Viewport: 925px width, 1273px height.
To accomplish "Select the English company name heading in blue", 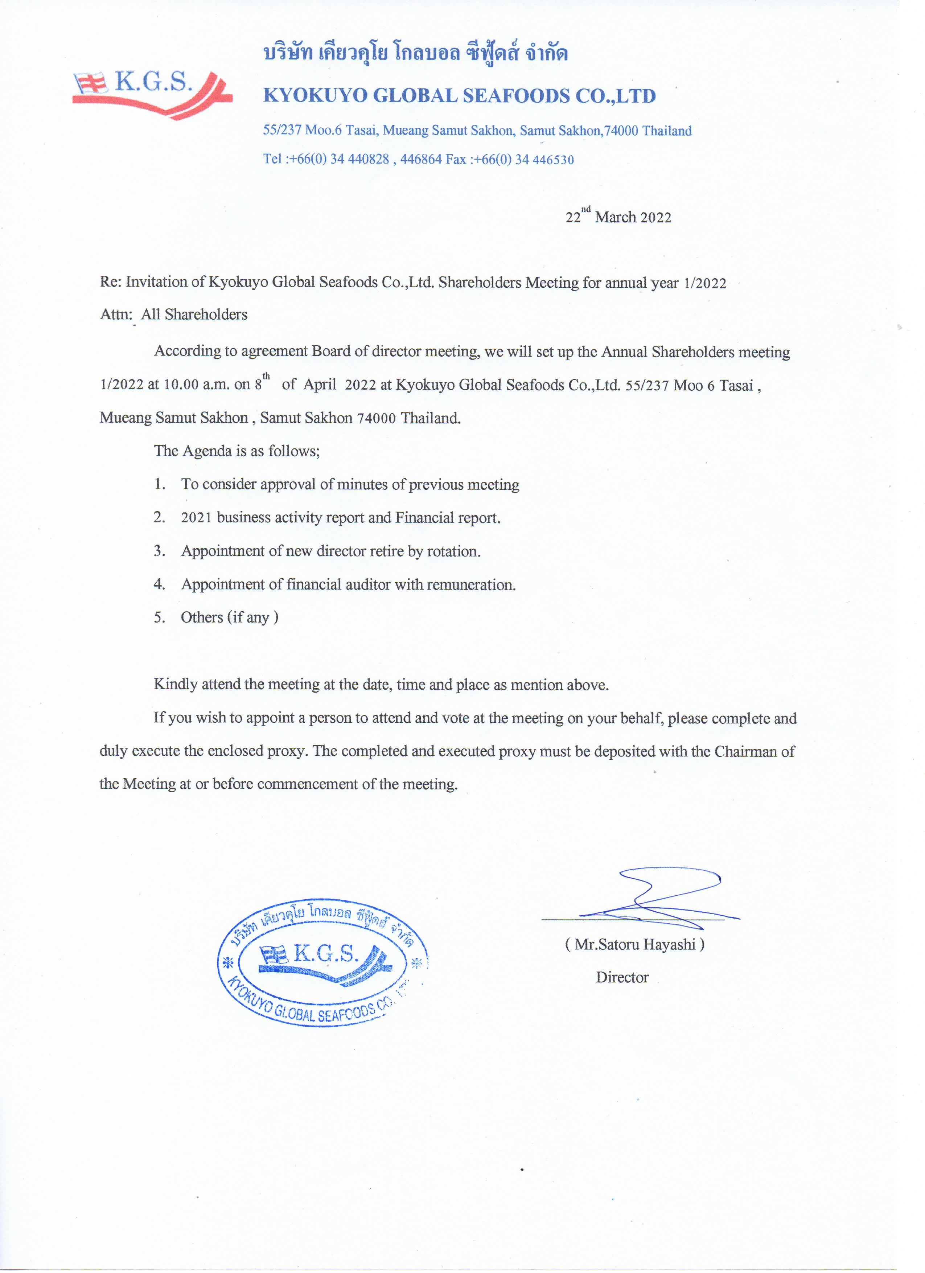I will click(459, 96).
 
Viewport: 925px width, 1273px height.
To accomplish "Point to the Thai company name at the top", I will click(415, 53).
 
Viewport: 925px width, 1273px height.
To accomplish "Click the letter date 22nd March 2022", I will click(618, 217).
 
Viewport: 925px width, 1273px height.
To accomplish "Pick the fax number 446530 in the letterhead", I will click(553, 160).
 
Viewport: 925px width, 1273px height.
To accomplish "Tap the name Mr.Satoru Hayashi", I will click(635, 945).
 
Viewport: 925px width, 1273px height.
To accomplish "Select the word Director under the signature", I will click(622, 977).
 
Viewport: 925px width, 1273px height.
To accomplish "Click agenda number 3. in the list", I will click(159, 551).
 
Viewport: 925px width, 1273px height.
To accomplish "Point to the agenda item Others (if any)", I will click(230, 617).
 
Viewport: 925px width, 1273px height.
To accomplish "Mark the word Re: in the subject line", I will click(111, 282).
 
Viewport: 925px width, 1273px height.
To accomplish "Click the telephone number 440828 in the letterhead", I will click(368, 159).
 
